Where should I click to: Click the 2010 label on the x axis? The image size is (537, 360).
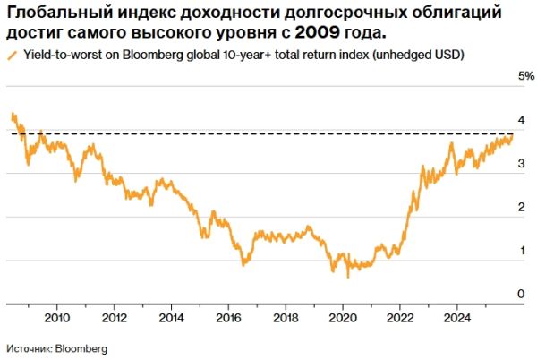56,317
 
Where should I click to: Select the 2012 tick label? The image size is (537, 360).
114,317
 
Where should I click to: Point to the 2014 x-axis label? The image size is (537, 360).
171,317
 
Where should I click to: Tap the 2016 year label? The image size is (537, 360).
228,317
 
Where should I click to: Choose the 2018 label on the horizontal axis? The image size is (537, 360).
286,317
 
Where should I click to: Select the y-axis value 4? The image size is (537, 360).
522,120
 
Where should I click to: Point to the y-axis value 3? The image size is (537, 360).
522,164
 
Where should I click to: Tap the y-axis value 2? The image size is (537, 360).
522,208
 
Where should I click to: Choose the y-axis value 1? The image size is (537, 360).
522,252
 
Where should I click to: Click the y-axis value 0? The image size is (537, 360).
522,295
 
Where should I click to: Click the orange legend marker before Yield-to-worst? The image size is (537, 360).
11,55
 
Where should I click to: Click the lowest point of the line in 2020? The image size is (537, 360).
347,277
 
